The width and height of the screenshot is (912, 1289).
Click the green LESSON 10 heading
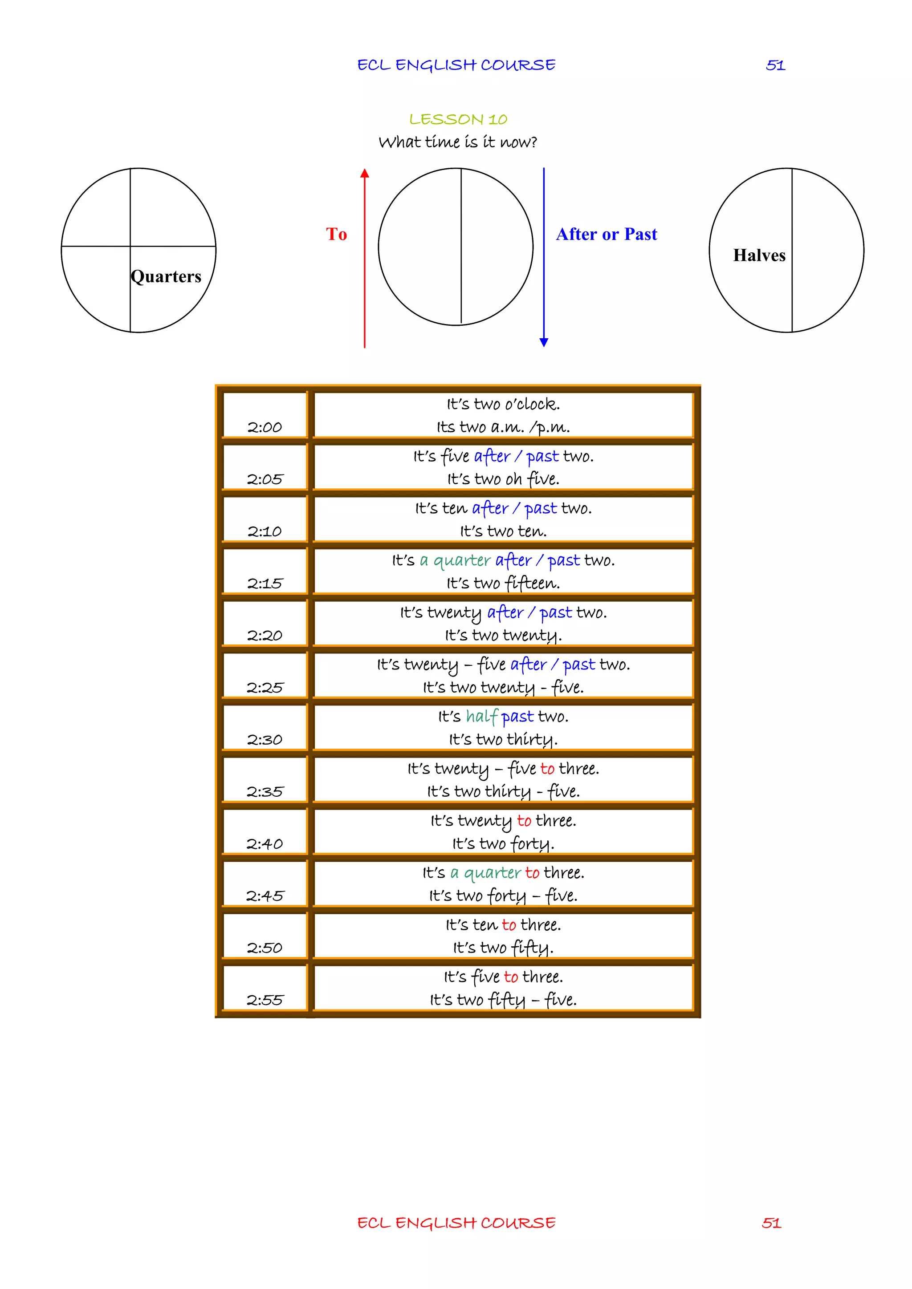click(458, 120)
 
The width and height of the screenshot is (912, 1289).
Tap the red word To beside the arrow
click(336, 234)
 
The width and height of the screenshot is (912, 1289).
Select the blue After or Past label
click(607, 234)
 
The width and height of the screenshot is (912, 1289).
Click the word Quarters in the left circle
click(166, 276)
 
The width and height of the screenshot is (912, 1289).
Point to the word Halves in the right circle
click(759, 255)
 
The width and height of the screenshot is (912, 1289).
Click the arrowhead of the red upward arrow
click(364, 173)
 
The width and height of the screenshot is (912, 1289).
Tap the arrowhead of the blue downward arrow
click(544, 342)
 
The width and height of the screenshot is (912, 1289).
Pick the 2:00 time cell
click(265, 415)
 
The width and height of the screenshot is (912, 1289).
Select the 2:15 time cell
click(265, 571)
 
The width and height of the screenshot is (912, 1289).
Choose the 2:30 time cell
click(265, 727)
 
